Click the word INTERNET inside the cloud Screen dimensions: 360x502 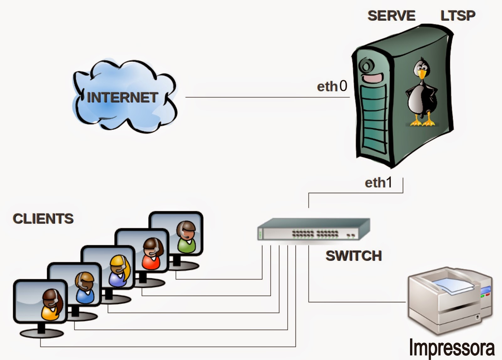pos(122,98)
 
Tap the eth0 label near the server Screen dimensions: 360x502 pos(332,86)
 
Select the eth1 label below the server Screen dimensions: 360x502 pos(378,183)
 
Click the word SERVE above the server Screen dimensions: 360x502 pos(391,16)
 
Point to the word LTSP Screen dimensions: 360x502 pos(458,16)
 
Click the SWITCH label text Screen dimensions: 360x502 pos(354,256)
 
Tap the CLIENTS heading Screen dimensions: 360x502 pos(43,219)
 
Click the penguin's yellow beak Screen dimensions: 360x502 pos(422,74)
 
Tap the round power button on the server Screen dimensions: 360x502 pos(365,66)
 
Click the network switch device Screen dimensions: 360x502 pos(314,229)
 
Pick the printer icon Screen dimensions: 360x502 pos(450,300)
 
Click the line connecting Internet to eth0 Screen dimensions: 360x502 pos(267,97)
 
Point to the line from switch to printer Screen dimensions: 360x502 pos(358,302)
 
